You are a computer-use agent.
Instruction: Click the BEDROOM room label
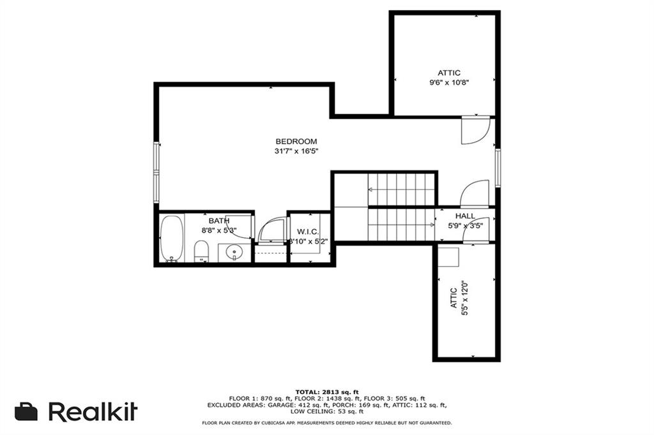coord(296,141)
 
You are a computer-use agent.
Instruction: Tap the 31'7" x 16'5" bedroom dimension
coord(296,151)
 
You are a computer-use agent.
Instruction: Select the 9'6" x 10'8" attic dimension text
coord(449,82)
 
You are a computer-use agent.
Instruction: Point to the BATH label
coord(219,221)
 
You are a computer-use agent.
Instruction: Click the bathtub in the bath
coord(171,238)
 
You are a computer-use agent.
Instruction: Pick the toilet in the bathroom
coord(201,251)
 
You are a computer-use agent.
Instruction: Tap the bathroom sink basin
coord(234,253)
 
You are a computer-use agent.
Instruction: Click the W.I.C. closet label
coord(308,232)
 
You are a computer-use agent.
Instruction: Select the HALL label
coord(465,216)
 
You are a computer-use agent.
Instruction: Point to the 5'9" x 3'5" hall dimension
coord(466,226)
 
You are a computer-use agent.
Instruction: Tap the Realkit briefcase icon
coord(26,411)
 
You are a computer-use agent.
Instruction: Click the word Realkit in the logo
coord(93,411)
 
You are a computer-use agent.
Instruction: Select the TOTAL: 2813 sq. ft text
coord(327,392)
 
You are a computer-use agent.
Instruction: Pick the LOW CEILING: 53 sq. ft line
coord(327,411)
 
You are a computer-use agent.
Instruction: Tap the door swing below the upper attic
coord(476,130)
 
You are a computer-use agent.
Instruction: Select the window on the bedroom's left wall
coord(156,172)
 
